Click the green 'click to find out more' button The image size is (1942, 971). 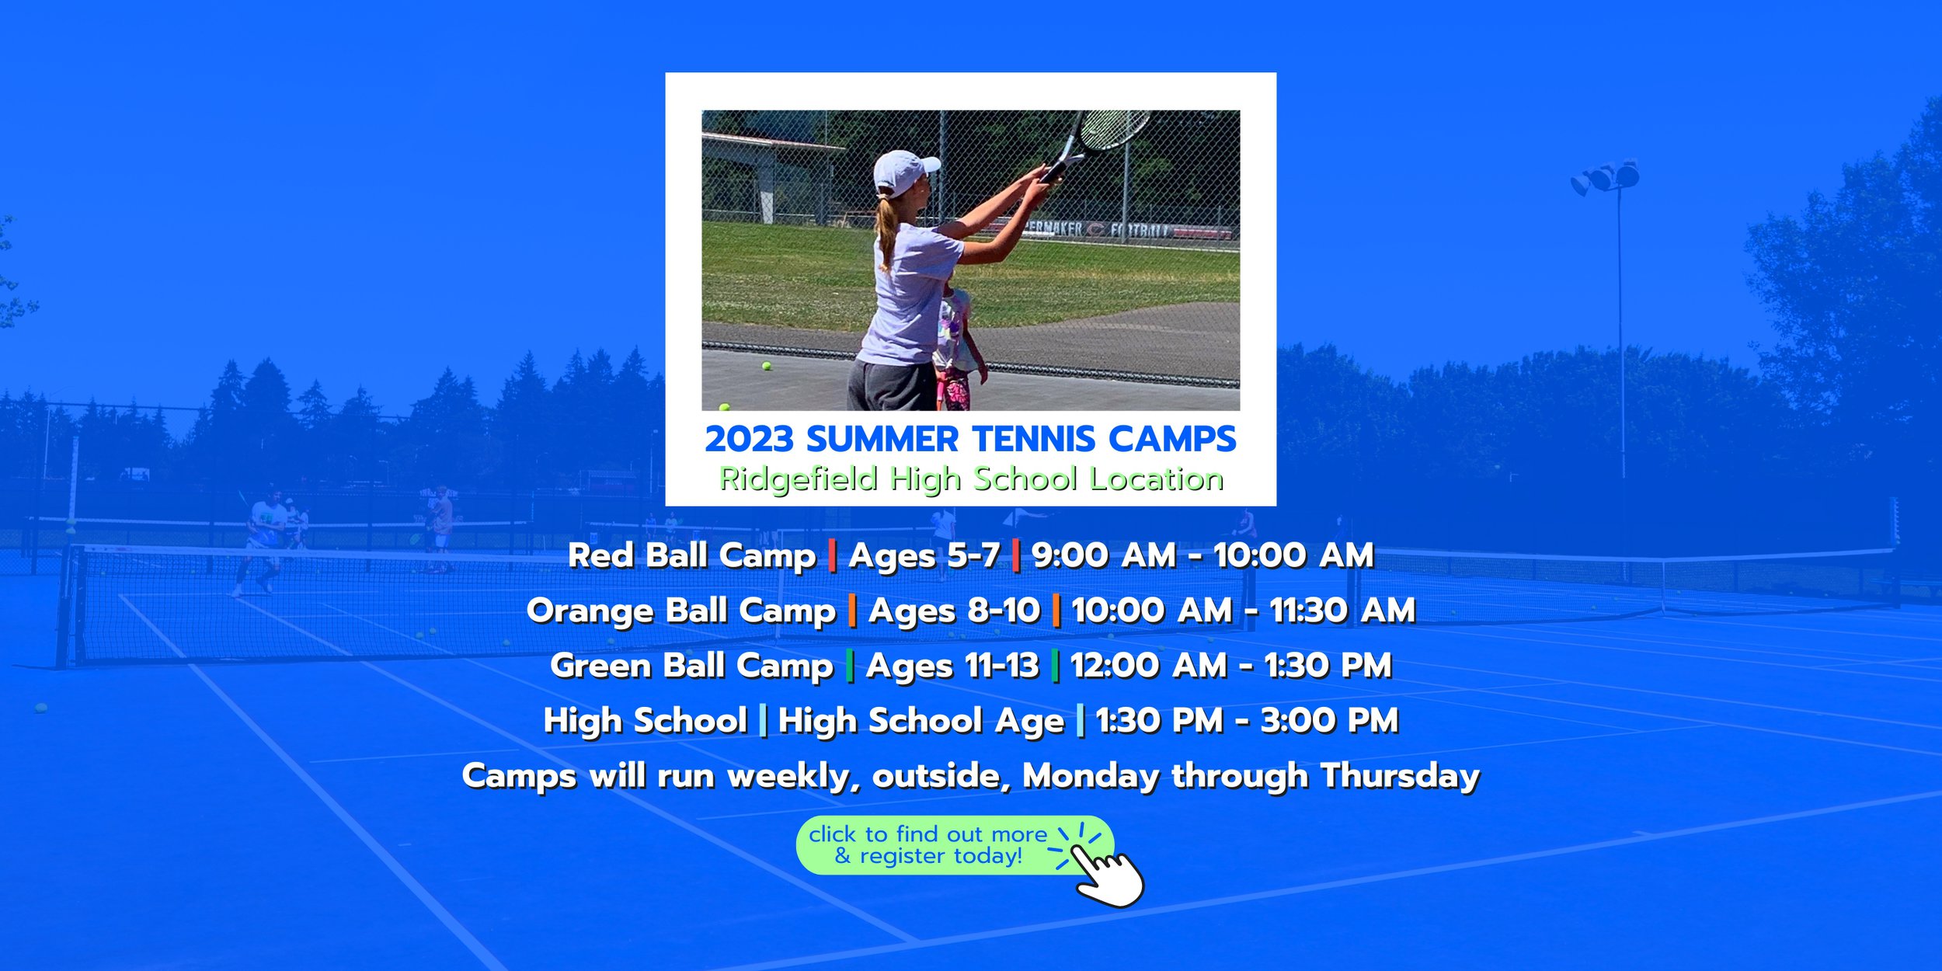[x=955, y=845]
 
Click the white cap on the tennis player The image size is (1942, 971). [x=904, y=172]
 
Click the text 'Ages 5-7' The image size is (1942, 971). [x=924, y=556]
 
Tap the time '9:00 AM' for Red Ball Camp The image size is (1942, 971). [x=1104, y=555]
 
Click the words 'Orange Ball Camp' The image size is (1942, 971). [x=681, y=611]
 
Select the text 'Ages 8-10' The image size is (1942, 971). [x=954, y=611]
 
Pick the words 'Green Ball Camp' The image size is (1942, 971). [x=691, y=666]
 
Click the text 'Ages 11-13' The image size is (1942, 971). [x=952, y=666]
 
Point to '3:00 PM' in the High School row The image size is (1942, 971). [x=1329, y=721]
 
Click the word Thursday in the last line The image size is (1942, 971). [x=1400, y=777]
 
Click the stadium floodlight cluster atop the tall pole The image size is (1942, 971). [x=1605, y=178]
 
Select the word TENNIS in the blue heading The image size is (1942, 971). [x=1033, y=439]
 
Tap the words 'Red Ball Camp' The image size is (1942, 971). [x=692, y=556]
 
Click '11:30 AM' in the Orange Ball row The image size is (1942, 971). [x=1342, y=611]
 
